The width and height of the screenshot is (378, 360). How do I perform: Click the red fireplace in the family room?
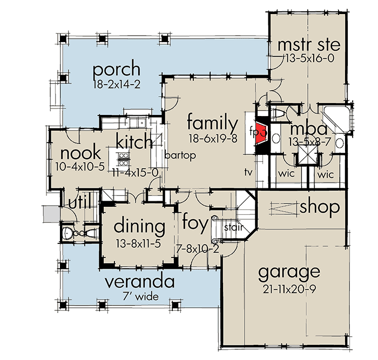[x=261, y=132]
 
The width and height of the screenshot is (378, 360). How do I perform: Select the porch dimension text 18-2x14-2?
[x=117, y=84]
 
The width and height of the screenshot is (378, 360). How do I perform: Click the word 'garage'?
[x=288, y=271]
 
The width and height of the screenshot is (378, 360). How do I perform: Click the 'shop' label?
[x=320, y=207]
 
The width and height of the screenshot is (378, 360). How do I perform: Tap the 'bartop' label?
[x=179, y=155]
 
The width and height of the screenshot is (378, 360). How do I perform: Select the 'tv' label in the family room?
[x=248, y=172]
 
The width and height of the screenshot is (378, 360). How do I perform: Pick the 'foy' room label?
[x=195, y=223]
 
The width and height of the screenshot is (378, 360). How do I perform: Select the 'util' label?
[x=79, y=202]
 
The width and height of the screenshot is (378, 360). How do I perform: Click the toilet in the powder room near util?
[x=67, y=233]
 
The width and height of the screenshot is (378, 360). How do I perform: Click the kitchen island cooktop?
[x=123, y=159]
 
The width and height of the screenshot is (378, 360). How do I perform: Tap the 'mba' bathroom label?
[x=308, y=130]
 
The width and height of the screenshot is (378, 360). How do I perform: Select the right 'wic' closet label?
[x=325, y=175]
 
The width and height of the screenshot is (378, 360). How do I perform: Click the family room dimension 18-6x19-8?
[x=213, y=139]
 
